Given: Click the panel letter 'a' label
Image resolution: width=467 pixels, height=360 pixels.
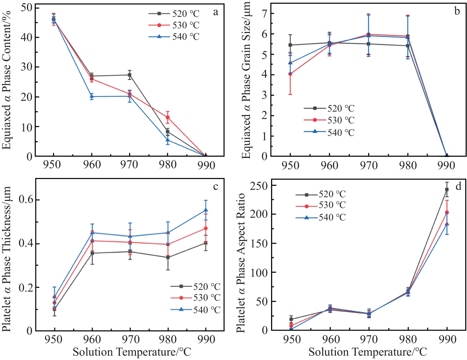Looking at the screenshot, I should pos(215,12).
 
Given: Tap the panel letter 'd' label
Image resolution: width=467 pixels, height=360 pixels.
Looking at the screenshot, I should pos(458,186).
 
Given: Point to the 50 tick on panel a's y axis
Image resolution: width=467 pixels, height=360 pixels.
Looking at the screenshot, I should pos(27,7).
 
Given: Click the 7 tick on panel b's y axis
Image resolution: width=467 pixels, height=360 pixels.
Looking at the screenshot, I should pos(263,13).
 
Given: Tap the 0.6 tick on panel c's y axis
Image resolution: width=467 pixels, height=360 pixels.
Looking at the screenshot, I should pos(26,200).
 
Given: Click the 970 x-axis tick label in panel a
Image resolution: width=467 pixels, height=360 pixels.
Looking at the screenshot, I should pos(129,165).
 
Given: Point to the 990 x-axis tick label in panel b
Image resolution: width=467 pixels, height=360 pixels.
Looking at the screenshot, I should pos(446,166).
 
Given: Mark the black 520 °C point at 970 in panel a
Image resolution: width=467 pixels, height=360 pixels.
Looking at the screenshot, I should pos(129,75).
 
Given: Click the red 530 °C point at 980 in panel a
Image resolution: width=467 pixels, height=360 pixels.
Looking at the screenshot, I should pos(168,117).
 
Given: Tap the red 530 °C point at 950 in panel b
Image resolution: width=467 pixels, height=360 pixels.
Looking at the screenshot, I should pos(290,74).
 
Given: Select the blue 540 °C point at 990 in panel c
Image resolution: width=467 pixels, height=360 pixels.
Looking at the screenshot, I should pos(206,210).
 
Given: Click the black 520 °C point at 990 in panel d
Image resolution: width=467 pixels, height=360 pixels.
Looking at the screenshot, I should pos(447,189).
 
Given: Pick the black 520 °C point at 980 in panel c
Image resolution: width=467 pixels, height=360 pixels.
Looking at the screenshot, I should pos(168,257).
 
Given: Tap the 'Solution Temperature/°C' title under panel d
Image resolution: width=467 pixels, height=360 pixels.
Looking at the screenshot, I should pos(367,352).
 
